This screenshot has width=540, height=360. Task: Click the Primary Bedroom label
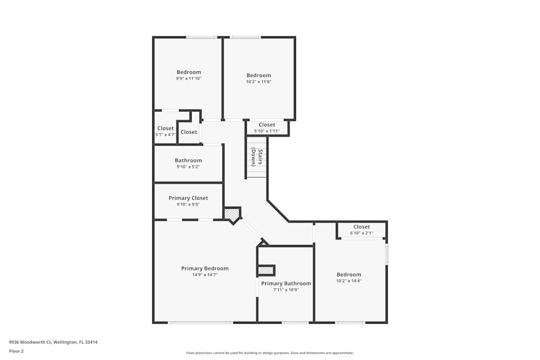point(205,268)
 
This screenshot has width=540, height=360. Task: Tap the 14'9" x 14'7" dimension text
point(205,275)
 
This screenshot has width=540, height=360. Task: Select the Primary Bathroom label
point(286,283)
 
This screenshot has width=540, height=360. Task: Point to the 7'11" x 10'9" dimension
point(286,290)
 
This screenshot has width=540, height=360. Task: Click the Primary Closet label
point(188,198)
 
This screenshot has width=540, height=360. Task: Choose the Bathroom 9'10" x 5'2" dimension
point(188,167)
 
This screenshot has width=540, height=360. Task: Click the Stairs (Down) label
point(256,157)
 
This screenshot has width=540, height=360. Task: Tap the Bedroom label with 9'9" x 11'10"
point(188,72)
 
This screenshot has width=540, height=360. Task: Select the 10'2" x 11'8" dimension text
point(259,82)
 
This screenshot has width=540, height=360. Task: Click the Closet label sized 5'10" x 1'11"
point(267,125)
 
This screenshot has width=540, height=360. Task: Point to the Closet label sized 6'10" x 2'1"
point(361,227)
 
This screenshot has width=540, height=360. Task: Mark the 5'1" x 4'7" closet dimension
point(165,134)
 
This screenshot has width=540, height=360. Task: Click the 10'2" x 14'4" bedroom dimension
point(348,281)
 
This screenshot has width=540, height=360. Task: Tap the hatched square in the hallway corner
point(232,214)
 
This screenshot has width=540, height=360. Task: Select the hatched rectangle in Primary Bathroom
point(266,270)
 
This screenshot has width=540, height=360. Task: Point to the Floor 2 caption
point(16,351)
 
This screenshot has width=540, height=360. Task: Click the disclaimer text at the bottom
point(269,352)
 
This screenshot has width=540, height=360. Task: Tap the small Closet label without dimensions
point(188,132)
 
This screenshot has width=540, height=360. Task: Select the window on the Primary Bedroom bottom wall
point(200,323)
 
